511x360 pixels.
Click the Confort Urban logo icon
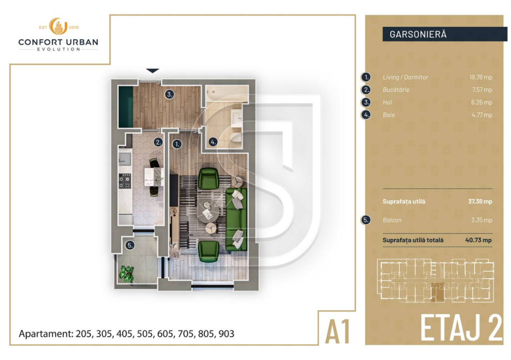[58, 27]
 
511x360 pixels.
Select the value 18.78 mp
[480, 77]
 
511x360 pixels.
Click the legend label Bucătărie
[396, 90]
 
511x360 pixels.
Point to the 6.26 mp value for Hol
[481, 102]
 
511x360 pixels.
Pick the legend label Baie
[389, 115]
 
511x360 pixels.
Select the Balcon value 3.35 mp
[481, 220]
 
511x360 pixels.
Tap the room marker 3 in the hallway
[170, 94]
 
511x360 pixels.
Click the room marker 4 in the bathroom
[213, 142]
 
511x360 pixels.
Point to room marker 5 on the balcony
[130, 245]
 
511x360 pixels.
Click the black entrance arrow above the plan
[153, 71]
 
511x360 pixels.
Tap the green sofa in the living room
[236, 220]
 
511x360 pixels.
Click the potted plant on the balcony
[127, 273]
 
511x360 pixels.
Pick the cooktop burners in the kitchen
[125, 181]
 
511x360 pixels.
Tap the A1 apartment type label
[338, 332]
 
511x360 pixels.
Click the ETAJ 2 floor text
[461, 328]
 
